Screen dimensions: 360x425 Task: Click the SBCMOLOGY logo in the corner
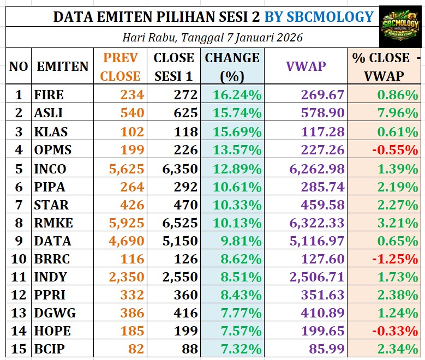pos(401,25)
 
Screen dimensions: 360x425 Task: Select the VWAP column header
pos(306,67)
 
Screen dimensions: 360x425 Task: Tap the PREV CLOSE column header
pos(120,67)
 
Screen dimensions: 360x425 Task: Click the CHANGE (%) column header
pos(232,67)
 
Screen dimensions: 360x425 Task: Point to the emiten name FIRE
pos(49,95)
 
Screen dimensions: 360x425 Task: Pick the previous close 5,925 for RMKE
pos(127,224)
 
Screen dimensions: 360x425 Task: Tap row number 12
pos(19,295)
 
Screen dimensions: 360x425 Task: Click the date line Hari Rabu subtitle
pos(212,38)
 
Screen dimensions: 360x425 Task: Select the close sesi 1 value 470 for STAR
pos(185,205)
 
